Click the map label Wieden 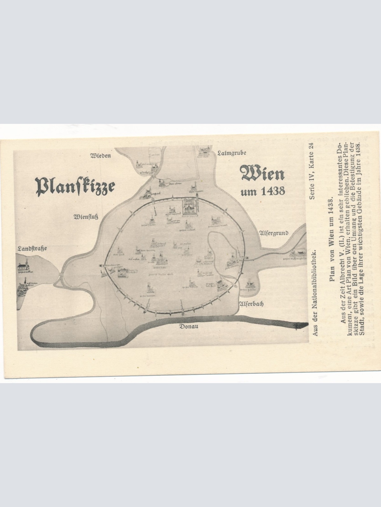[101, 156]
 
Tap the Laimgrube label [232, 154]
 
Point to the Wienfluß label [86, 217]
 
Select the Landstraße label [32, 248]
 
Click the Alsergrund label [274, 233]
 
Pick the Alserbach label [251, 304]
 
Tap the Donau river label [189, 326]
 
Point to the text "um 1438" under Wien [263, 191]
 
